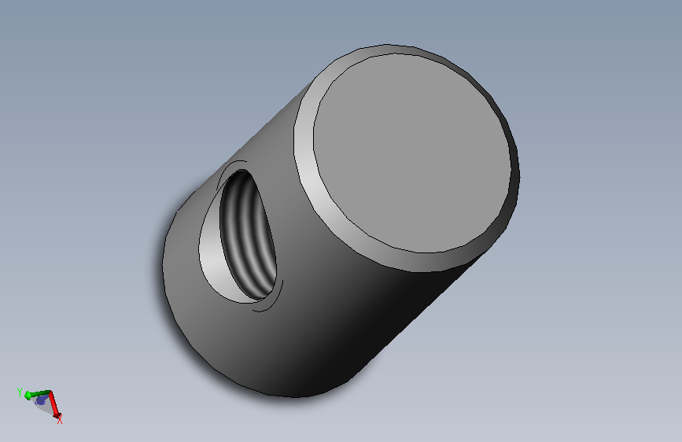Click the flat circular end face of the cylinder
[x=411, y=153]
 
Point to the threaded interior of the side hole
[x=249, y=235]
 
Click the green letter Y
[x=19, y=392]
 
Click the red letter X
[x=60, y=420]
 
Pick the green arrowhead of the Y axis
[x=28, y=396]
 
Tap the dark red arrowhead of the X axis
[x=57, y=415]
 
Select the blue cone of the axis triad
[x=40, y=400]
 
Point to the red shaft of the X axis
[x=53, y=403]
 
